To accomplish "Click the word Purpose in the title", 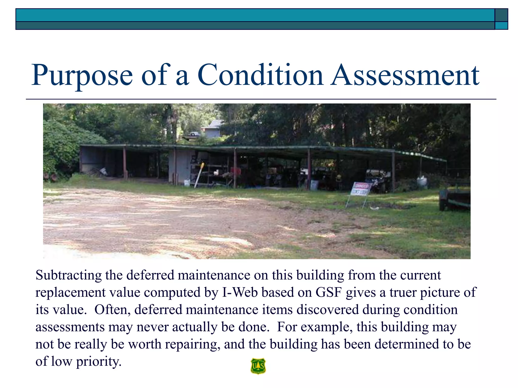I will [82, 75].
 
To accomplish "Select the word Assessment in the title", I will [405, 75].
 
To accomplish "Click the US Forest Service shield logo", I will [258, 366].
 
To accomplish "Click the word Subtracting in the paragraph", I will [68, 275].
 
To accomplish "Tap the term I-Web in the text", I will [240, 292].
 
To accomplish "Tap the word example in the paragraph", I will [327, 327].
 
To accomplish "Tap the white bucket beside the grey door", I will [187, 182].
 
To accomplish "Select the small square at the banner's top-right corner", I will [501, 15].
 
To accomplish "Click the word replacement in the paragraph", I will [70, 293].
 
